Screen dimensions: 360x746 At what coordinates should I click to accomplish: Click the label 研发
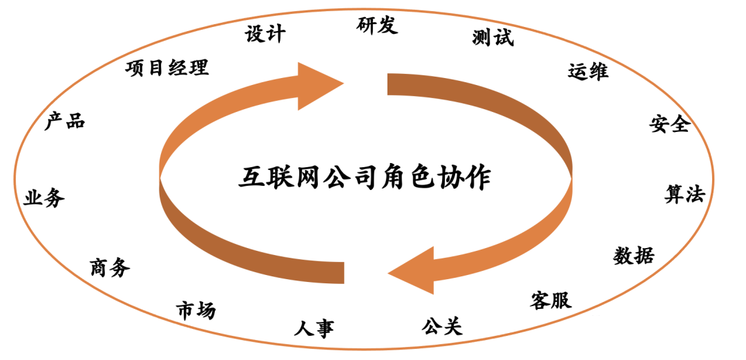click(x=377, y=26)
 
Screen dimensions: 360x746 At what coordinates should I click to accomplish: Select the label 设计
click(x=265, y=34)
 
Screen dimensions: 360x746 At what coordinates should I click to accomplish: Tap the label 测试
click(x=493, y=37)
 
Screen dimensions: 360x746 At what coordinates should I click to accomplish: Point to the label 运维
click(x=588, y=71)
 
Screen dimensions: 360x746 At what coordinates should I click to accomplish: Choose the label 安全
click(x=669, y=124)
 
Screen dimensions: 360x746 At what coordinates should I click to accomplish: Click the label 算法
click(x=684, y=194)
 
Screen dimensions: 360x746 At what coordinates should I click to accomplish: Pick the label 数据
click(x=633, y=256)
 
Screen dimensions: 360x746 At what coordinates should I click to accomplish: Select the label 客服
click(x=551, y=300)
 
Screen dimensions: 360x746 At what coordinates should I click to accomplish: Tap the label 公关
click(x=441, y=325)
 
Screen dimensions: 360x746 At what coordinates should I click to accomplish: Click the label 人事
click(x=314, y=328)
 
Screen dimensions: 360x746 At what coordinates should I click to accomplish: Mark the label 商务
click(x=110, y=267)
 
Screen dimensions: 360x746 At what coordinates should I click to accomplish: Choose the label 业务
click(x=44, y=198)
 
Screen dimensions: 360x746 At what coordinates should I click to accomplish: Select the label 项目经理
click(x=167, y=68)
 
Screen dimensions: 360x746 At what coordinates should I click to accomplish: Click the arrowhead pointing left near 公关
click(x=412, y=271)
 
